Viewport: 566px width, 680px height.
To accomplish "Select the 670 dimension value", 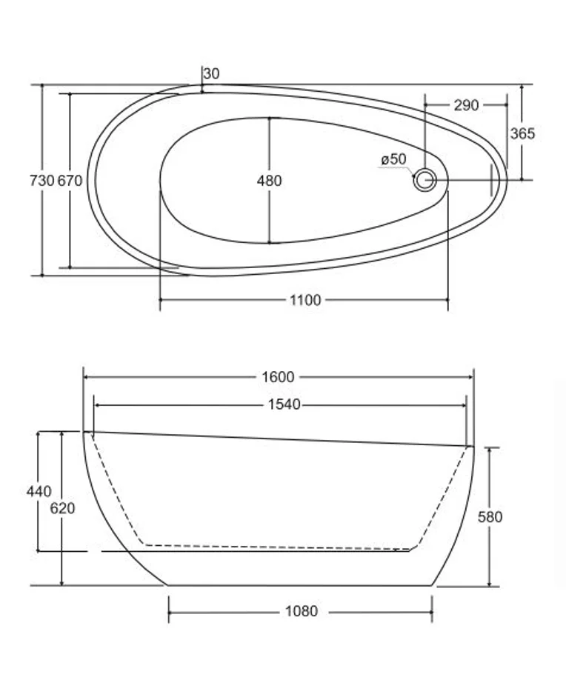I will (x=70, y=180).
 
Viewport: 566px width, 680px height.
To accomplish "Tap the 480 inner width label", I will (x=269, y=180).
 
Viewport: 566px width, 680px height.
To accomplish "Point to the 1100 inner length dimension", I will (x=304, y=300).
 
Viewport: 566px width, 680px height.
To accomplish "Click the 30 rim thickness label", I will (x=211, y=73).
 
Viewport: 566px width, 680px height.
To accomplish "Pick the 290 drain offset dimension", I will (x=466, y=105).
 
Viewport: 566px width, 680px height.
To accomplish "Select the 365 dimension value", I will (x=522, y=134).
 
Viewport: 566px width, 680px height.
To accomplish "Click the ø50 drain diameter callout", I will (x=393, y=159).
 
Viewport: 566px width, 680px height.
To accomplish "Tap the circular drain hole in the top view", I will (x=425, y=179).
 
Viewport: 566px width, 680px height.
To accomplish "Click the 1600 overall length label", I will (x=278, y=377).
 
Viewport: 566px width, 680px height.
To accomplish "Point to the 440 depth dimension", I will (x=39, y=491).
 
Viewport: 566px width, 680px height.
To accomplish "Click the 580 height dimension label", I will (x=490, y=517).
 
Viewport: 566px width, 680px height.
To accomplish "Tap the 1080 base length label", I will (x=301, y=612).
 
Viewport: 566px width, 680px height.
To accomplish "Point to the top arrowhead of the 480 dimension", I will (x=269, y=119).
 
